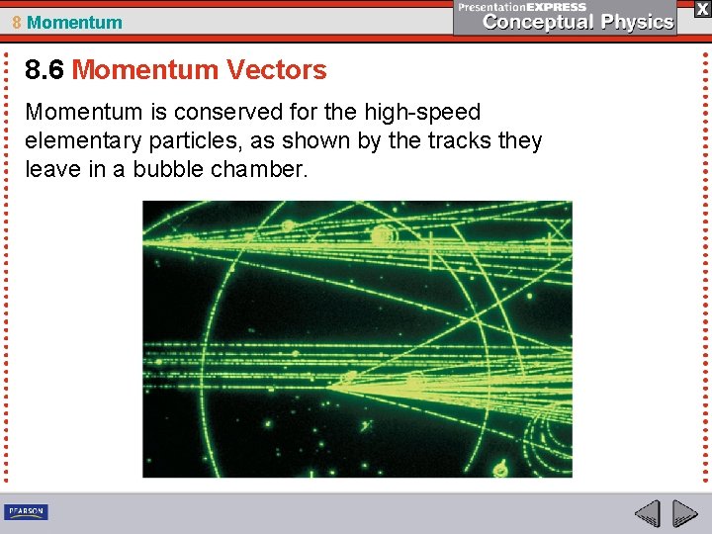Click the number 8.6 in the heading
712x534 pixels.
45,70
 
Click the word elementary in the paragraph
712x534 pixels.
81,141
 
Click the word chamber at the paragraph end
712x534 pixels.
264,169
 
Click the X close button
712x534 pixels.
701,9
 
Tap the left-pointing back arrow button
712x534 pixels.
647,513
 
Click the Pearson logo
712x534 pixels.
27,511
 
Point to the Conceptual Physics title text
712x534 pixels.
578,22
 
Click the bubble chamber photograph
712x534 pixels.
357,339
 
